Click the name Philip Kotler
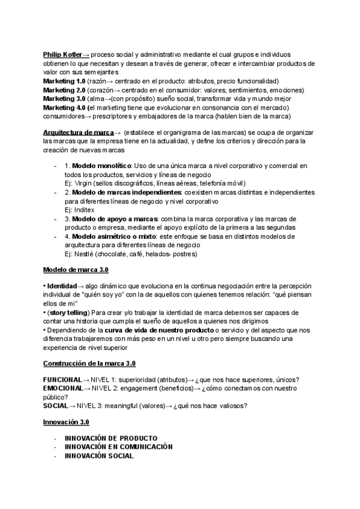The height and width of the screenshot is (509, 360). [63, 54]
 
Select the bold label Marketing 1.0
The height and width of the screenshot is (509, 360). [64, 81]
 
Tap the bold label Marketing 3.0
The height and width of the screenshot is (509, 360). [64, 98]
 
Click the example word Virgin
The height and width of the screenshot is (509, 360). [85, 182]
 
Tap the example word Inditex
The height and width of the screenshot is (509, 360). [85, 210]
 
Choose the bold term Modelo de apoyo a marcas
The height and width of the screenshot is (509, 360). [112, 219]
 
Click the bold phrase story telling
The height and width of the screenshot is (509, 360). [67, 313]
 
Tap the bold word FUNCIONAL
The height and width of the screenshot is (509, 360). [62, 380]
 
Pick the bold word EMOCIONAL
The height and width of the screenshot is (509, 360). [62, 388]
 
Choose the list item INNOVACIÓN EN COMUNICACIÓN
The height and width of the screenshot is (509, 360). [119, 447]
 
